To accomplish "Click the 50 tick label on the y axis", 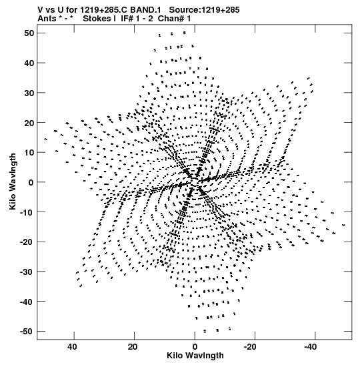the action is tap(29, 33).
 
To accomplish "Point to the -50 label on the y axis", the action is tap(27, 331).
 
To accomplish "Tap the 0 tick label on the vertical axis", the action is tap(31, 182).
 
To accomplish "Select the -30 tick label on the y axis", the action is tap(27, 272).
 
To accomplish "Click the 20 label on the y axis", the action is tap(29, 123).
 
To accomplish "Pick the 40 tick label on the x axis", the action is tap(72, 347).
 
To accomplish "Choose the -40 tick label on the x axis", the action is tap(311, 347).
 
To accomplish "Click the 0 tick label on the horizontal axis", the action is tap(195, 347).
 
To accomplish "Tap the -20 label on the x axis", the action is tap(250, 347).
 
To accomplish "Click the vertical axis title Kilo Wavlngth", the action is tap(13, 181).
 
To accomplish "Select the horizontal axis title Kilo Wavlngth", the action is tap(195, 356).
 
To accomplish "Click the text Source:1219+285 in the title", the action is tap(204, 10).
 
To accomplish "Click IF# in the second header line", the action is tap(127, 19).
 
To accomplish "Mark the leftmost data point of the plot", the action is tap(45, 139).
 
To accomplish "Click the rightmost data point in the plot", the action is tap(344, 225).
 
